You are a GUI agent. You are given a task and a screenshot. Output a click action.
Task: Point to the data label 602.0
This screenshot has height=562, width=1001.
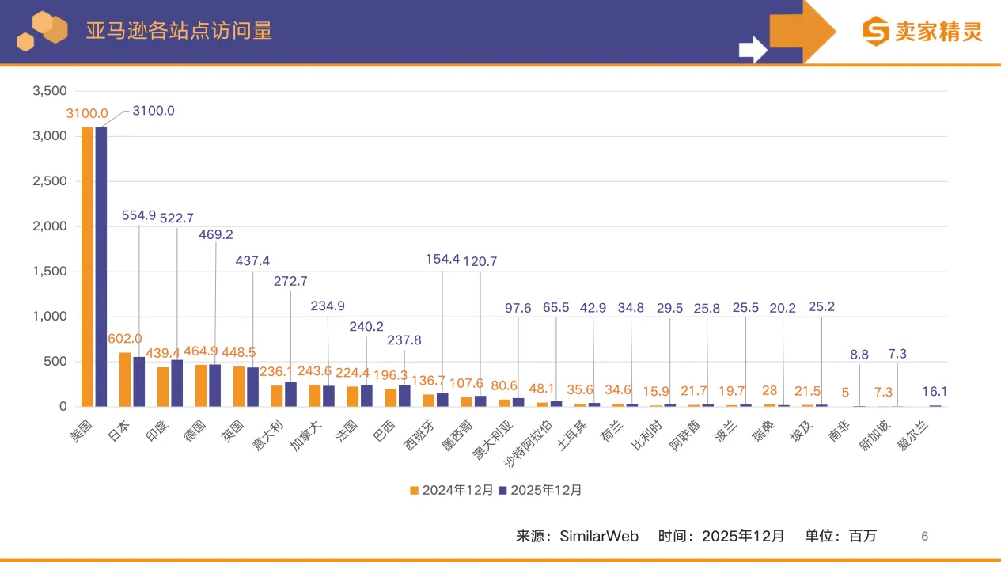pos(125,339)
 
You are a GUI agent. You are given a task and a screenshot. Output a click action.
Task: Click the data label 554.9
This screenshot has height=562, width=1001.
pos(139,215)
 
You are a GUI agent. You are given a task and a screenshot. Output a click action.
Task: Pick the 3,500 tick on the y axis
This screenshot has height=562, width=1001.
pos(49,91)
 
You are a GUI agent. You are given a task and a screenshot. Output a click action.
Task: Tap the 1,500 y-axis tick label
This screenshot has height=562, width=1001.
pos(49,272)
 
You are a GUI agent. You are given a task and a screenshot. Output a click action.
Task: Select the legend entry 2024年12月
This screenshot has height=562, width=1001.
pos(452,490)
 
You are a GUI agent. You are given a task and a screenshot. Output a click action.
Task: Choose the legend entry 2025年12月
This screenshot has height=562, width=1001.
pos(540,490)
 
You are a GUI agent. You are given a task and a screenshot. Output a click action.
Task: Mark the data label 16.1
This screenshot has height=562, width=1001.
pos(935,391)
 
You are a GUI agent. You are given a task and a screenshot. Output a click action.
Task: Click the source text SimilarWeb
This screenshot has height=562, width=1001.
pos(599,536)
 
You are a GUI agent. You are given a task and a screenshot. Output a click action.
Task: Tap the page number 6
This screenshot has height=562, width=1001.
pos(924,537)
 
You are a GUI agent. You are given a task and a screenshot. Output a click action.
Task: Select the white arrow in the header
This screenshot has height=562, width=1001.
pos(753,50)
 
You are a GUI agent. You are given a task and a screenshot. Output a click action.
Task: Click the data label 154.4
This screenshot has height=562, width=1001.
pos(442,259)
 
